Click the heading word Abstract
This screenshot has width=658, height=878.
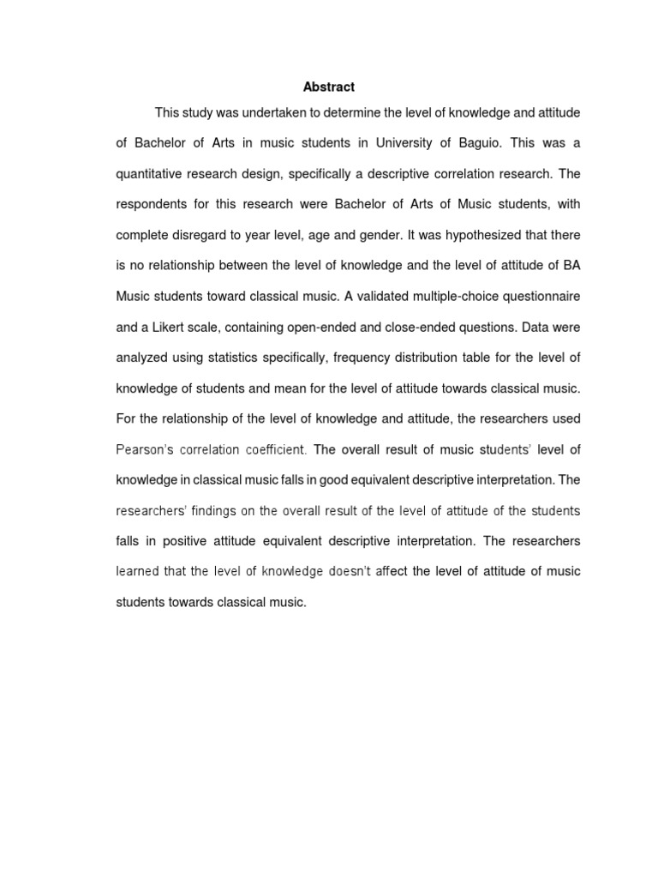pos(329,87)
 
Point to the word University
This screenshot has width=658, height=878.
pos(390,143)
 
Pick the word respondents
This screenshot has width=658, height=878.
pos(152,205)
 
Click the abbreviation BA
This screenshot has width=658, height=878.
pos(571,266)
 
